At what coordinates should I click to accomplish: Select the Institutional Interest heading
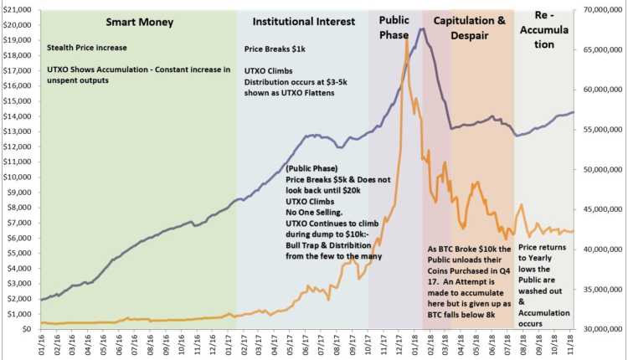point(299,21)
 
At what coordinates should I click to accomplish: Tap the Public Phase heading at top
point(394,28)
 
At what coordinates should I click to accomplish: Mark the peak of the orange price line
point(407,39)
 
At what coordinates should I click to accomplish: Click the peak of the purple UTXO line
point(422,29)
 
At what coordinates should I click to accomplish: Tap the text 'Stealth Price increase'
point(86,49)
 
